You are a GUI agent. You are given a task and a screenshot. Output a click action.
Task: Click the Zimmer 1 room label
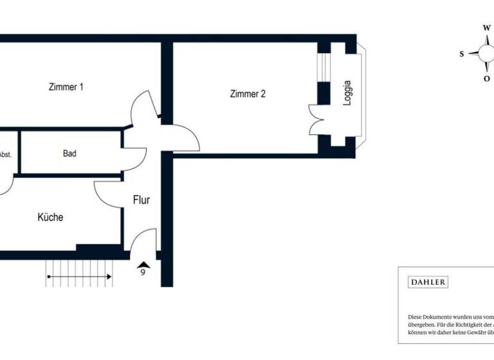[x=66, y=87]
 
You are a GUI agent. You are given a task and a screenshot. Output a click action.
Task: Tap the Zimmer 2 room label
[x=248, y=94]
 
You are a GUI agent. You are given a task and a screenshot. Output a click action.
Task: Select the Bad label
[x=70, y=154]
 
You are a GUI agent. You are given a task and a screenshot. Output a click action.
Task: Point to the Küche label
[x=50, y=217]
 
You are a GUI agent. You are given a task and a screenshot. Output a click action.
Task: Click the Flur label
[x=142, y=200]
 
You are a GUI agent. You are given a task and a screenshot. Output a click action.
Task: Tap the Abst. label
[x=5, y=154]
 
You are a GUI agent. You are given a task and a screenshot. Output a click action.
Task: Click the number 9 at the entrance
[x=143, y=272]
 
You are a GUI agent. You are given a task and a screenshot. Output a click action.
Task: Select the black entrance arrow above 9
[x=143, y=263]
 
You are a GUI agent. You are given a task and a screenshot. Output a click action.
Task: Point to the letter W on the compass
[x=486, y=28]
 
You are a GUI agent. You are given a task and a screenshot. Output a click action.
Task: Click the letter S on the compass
[x=462, y=54]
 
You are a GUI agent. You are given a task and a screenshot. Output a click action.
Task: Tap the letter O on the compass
[x=486, y=78]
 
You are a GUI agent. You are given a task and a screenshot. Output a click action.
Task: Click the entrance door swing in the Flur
[x=143, y=241]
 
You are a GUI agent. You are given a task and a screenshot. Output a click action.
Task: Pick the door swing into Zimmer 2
[x=183, y=138]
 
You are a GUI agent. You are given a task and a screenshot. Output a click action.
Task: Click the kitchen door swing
[x=109, y=193]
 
